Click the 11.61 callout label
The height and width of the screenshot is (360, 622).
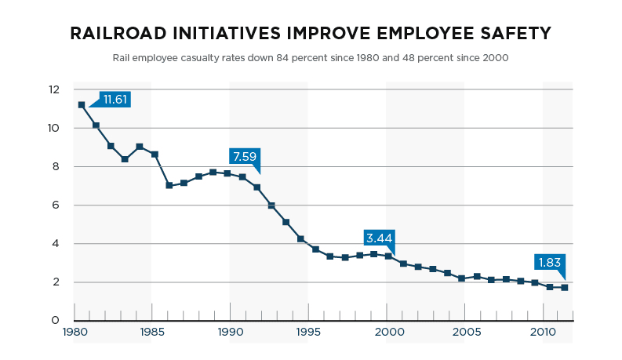(115, 100)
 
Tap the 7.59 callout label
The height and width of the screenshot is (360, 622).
(245, 157)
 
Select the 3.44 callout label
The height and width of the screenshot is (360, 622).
(379, 238)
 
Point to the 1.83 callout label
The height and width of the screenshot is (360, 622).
(549, 263)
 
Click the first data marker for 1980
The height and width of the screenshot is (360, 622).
(82, 105)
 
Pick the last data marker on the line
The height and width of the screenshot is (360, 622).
(565, 287)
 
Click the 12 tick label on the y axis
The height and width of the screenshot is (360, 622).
(54, 89)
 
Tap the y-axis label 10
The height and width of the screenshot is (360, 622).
(53, 128)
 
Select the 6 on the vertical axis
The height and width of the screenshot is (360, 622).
(56, 205)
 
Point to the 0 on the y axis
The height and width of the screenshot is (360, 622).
(55, 320)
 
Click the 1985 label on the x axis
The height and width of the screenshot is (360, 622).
(152, 332)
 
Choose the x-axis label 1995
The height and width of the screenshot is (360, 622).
(308, 332)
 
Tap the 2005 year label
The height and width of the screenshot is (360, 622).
(467, 332)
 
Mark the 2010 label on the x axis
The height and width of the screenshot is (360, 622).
(543, 332)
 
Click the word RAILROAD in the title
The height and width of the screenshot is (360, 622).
(118, 33)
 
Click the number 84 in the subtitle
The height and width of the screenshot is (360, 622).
(282, 58)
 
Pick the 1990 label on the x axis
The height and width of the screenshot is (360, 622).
(231, 332)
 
